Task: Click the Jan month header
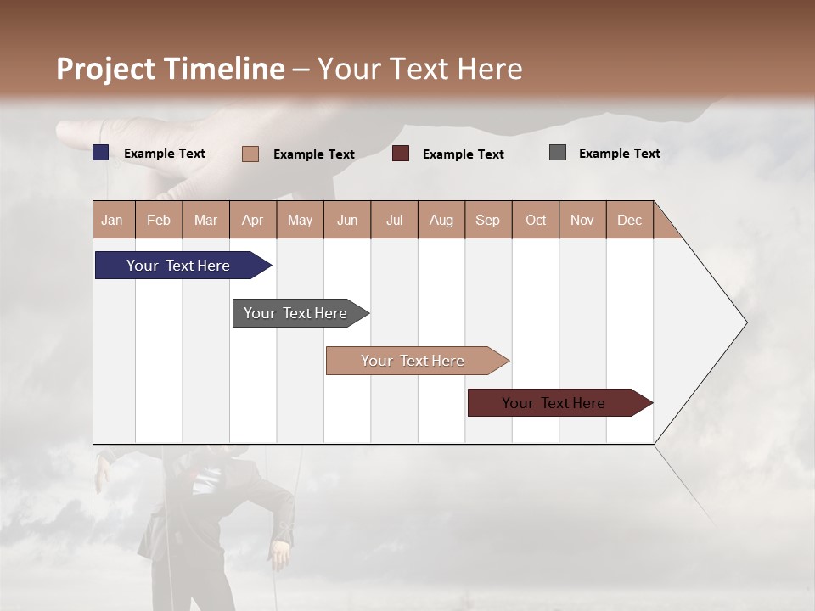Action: tap(112, 220)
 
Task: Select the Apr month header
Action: tap(252, 220)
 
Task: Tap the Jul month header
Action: tap(394, 220)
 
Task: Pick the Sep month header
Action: tap(487, 220)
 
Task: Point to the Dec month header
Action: tap(629, 220)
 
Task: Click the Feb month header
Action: tap(159, 220)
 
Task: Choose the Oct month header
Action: tap(536, 220)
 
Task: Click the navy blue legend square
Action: tap(101, 153)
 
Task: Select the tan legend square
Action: tap(250, 154)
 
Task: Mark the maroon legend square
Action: tap(401, 154)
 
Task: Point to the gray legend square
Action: tap(558, 153)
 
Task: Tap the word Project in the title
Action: tap(106, 69)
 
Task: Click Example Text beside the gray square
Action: tap(619, 154)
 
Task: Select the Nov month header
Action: tap(582, 220)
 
